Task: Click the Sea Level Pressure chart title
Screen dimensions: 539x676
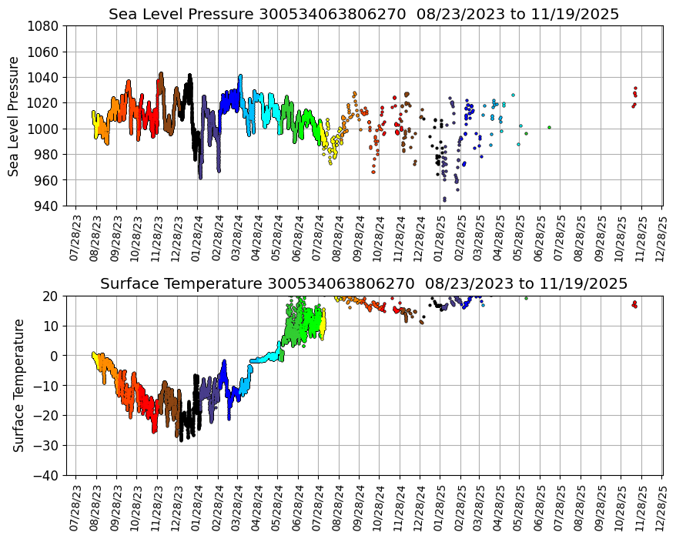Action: pyautogui.click(x=363, y=14)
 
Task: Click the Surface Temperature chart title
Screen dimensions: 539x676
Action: pyautogui.click(x=363, y=283)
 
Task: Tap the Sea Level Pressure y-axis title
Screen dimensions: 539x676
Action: pyautogui.click(x=14, y=115)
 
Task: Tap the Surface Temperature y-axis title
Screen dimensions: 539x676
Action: pyautogui.click(x=18, y=385)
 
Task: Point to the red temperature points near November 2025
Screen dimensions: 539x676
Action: pyautogui.click(x=634, y=305)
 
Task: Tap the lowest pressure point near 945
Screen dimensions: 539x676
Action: pyautogui.click(x=444, y=199)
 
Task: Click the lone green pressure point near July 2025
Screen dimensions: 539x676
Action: pyautogui.click(x=549, y=127)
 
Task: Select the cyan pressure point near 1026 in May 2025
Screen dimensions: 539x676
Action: pyautogui.click(x=513, y=95)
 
